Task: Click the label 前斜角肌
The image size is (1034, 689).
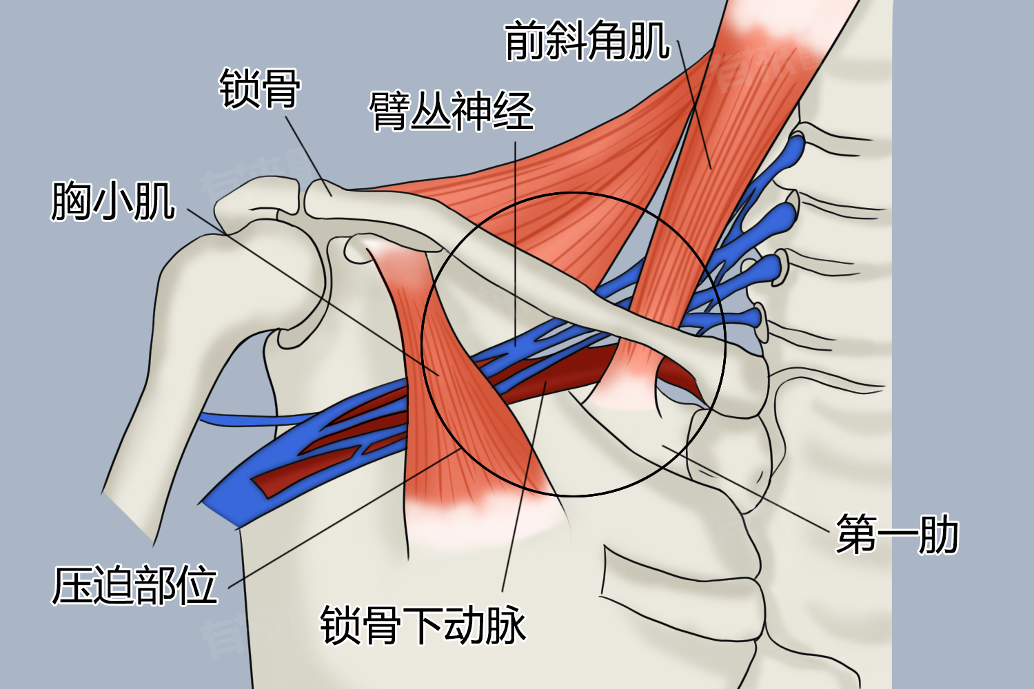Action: (x=587, y=40)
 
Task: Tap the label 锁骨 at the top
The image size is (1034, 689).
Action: (x=260, y=88)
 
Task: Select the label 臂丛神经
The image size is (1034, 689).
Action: (x=452, y=110)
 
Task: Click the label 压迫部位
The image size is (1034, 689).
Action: (x=134, y=585)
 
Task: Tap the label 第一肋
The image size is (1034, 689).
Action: (x=898, y=534)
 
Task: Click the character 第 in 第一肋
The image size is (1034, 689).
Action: (x=856, y=534)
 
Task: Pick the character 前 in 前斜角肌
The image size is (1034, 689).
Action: (x=525, y=40)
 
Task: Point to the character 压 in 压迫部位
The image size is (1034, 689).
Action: (x=72, y=585)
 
